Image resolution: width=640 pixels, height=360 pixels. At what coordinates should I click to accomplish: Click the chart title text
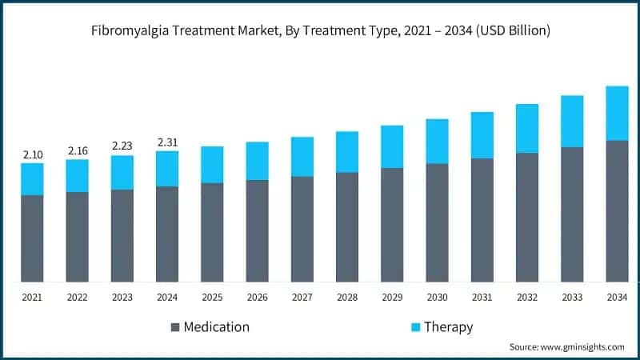click(x=320, y=30)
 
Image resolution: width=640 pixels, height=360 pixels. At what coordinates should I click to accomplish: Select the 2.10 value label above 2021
click(x=32, y=154)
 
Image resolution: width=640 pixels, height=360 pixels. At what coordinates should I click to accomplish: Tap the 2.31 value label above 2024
click(x=167, y=142)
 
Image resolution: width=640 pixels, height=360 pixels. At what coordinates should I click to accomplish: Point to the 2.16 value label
click(x=77, y=150)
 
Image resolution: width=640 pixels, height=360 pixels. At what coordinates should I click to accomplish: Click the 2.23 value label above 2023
click(x=122, y=146)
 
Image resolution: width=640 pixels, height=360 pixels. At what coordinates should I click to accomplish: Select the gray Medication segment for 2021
click(x=32, y=238)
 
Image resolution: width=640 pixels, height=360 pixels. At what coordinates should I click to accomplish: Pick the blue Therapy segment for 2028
click(x=347, y=152)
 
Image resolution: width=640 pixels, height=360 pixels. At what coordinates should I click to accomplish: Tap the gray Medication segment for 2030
click(x=437, y=222)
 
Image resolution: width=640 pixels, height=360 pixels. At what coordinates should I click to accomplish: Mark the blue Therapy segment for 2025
click(x=212, y=165)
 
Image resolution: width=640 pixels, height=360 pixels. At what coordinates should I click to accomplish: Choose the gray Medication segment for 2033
click(x=572, y=214)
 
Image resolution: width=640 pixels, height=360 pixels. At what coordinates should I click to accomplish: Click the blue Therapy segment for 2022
click(x=77, y=176)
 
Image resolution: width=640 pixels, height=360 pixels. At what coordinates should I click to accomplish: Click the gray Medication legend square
click(x=175, y=327)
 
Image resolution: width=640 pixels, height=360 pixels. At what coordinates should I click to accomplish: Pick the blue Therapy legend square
click(x=414, y=327)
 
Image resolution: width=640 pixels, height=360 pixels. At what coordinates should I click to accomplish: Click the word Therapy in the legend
click(x=449, y=327)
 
